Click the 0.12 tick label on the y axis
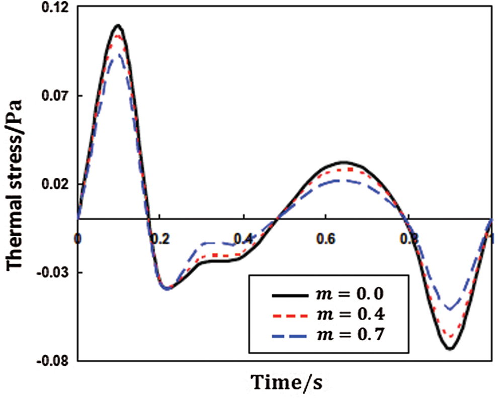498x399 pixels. pos(57,9)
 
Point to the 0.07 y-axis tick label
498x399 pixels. pos(57,95)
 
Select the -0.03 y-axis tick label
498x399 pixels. pos(55,272)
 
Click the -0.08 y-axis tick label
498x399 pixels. pos(55,360)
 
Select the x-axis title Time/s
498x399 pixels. pos(287,383)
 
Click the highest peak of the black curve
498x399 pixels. pos(118,25)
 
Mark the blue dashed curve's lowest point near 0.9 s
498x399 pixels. pos(450,309)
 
